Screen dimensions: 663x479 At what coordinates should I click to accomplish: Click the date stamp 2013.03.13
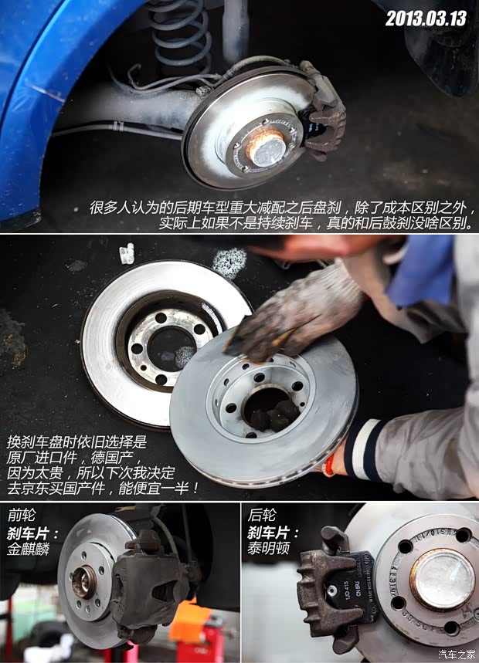point(426,18)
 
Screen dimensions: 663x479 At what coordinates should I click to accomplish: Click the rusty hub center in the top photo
point(264,147)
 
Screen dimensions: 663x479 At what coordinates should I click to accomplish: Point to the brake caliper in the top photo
point(323,112)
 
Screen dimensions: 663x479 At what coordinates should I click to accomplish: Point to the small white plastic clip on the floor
point(127,253)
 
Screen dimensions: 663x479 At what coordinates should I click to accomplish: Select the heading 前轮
point(21,515)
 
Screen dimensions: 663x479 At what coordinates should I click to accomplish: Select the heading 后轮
point(260,515)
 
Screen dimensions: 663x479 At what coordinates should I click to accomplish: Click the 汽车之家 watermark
point(457,655)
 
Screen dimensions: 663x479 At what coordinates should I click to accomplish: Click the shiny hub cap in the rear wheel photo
point(442,579)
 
